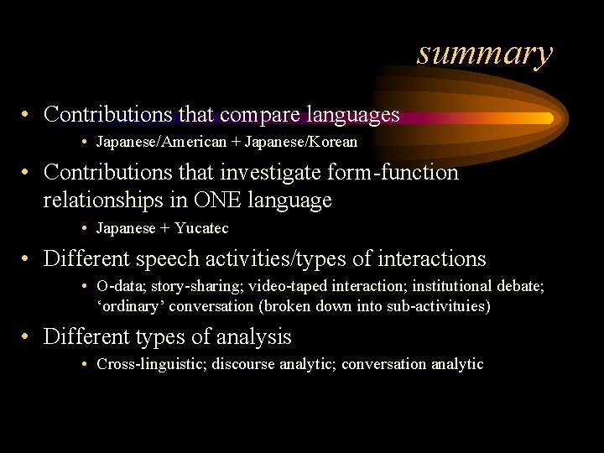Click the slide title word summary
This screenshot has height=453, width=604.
[x=485, y=53]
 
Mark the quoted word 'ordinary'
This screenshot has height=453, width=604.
[x=131, y=306]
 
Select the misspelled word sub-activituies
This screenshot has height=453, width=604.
[x=438, y=306]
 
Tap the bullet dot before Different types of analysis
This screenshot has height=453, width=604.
[x=28, y=338]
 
